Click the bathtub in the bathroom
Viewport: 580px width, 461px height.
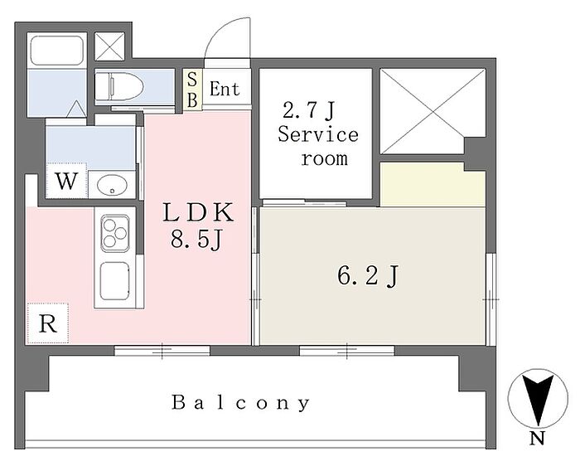tap(56, 51)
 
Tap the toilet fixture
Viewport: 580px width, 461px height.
tap(119, 86)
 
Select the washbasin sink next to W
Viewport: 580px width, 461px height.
tap(113, 184)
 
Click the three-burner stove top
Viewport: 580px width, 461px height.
tap(115, 233)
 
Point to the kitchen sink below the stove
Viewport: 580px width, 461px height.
tap(115, 281)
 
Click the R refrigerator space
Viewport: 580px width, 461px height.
tap(48, 323)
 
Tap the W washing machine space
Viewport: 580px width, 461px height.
tap(66, 181)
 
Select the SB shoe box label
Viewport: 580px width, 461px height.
tap(192, 90)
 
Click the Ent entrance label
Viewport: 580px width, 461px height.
tap(225, 89)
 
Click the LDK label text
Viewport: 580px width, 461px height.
tap(198, 212)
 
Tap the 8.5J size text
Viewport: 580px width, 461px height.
tap(196, 239)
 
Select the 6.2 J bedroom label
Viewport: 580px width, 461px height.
tap(367, 276)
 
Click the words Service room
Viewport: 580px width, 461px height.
tap(318, 146)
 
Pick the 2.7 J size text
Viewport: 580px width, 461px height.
tap(308, 110)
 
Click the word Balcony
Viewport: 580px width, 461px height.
tap(241, 402)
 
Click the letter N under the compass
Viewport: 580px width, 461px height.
tap(537, 439)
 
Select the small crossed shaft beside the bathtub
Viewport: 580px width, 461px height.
tap(109, 46)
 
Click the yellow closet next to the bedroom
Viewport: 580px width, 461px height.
tap(433, 185)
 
